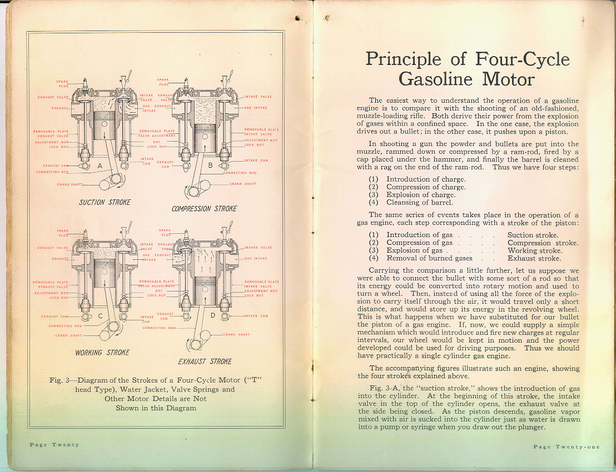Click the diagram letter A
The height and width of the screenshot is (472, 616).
(99, 165)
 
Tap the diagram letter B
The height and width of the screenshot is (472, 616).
(210, 165)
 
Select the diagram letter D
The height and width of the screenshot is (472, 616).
(212, 317)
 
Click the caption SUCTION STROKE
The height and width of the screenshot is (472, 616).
(105, 202)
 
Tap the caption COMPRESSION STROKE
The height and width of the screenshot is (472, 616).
(204, 209)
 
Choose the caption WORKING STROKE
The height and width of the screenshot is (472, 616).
(102, 353)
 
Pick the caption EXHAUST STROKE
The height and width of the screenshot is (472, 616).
(205, 361)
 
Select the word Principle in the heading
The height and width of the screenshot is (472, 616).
(403, 59)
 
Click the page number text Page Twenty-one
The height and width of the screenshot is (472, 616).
(567, 447)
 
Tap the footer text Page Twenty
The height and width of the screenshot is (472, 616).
(54, 445)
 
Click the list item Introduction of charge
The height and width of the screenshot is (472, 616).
(426, 179)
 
